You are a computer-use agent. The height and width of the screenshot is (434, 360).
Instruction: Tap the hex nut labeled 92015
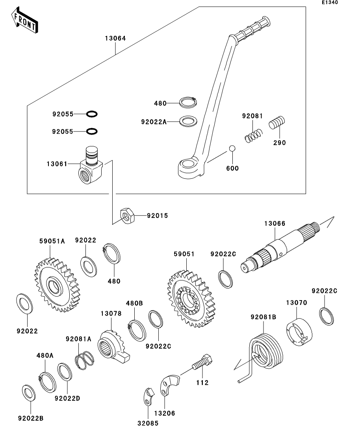coord(128,216)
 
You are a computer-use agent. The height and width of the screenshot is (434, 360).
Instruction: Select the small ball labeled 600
coord(232,149)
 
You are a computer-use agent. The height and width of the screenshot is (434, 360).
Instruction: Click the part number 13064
coord(115,39)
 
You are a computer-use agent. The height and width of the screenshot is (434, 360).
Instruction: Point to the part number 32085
coord(148,423)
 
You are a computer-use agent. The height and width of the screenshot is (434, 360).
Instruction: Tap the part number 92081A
coord(78,338)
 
